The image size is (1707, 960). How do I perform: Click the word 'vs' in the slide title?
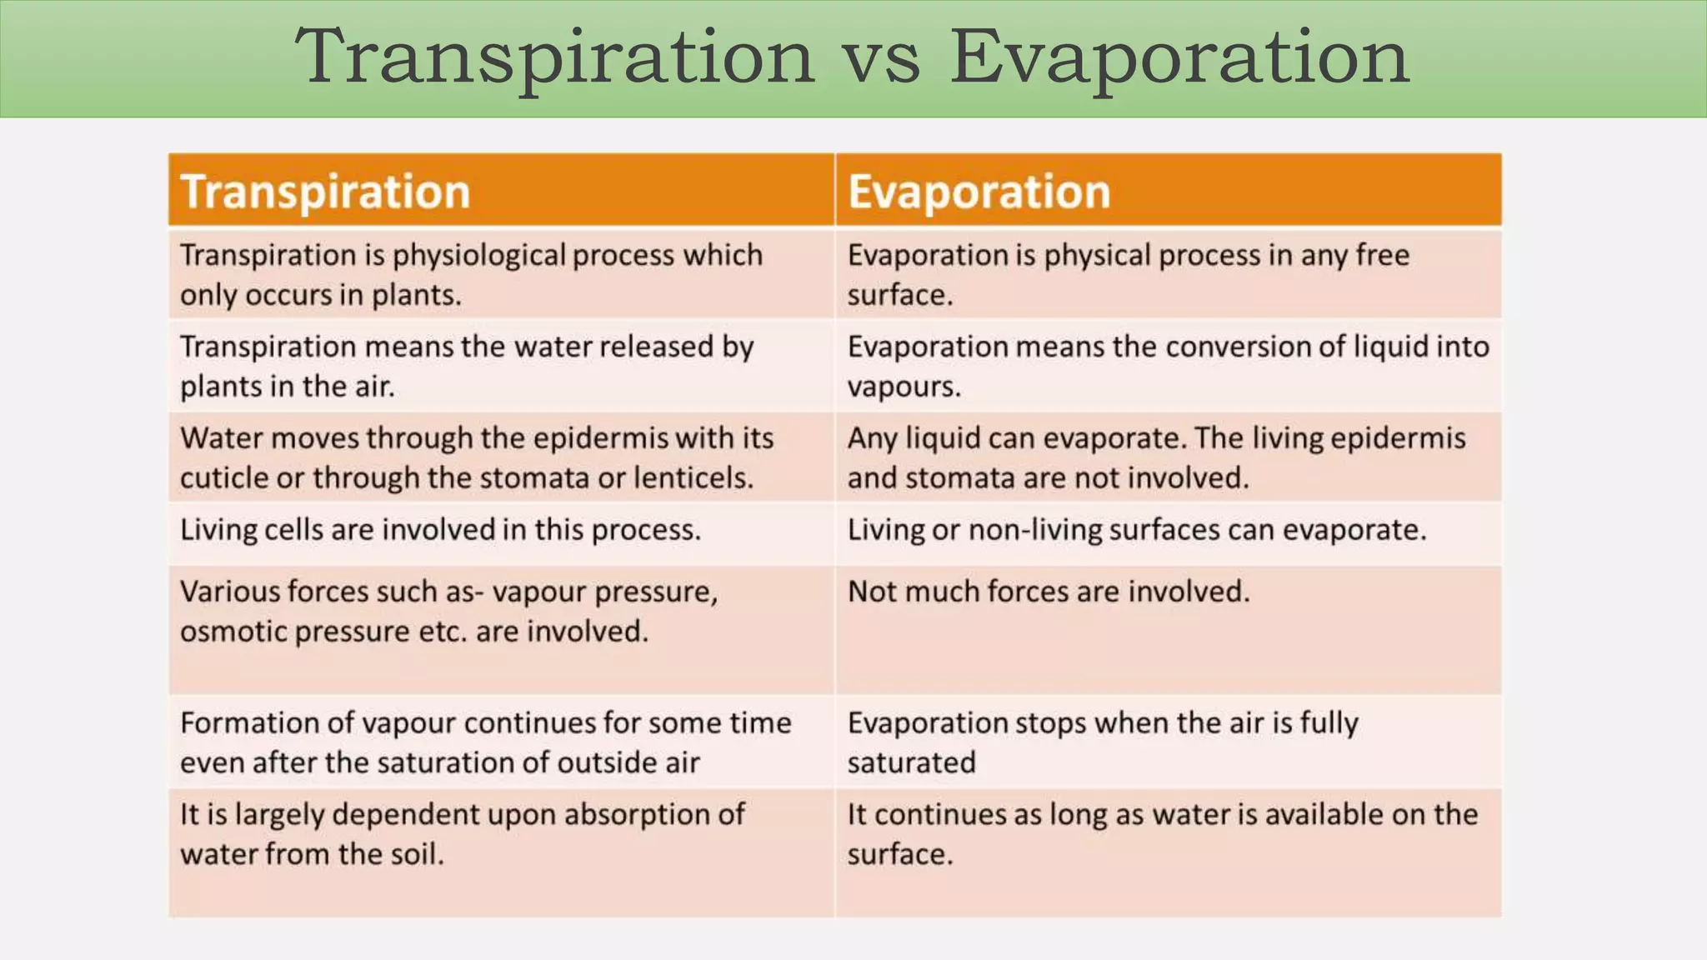(882, 58)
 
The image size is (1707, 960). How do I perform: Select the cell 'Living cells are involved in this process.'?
(440, 530)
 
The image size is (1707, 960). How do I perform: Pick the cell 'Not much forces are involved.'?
(1049, 592)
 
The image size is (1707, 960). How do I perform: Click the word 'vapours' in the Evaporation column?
(903, 387)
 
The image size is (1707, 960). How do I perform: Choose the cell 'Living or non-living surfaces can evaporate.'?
(1137, 530)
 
